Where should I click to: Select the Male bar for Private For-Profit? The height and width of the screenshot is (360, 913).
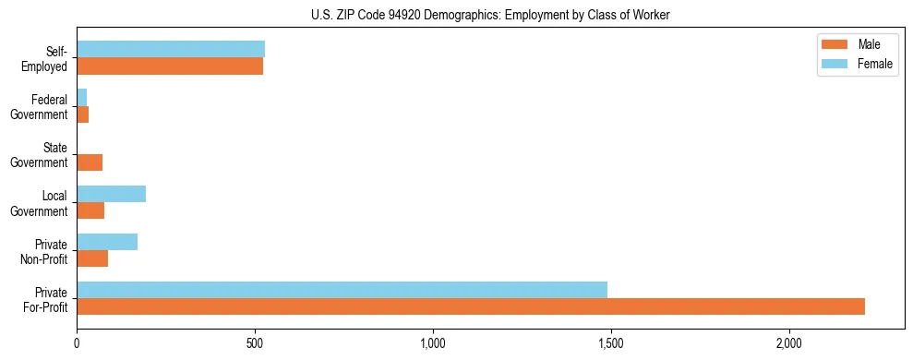(x=471, y=306)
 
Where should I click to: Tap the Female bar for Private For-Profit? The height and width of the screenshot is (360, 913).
(x=342, y=290)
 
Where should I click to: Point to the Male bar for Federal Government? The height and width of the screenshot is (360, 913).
(x=83, y=114)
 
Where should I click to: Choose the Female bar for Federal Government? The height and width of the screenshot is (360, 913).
(x=82, y=97)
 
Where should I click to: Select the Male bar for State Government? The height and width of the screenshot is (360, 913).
(x=90, y=162)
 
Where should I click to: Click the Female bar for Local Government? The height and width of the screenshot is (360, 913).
(x=111, y=194)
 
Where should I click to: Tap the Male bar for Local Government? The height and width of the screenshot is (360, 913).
(x=90, y=210)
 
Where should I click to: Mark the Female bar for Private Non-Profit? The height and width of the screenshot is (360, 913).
(x=107, y=242)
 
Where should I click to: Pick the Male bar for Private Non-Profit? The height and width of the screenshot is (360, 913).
(x=92, y=258)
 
